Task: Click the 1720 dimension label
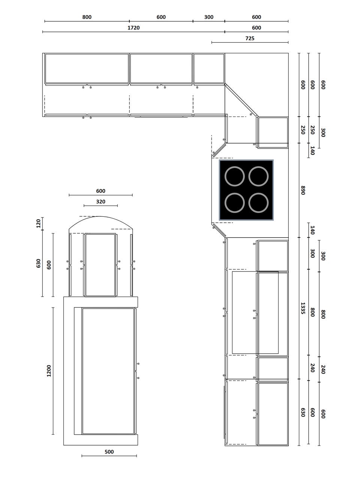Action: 133,28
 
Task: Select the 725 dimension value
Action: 250,38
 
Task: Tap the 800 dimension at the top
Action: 87,17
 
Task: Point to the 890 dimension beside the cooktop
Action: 303,190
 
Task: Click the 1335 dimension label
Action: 303,308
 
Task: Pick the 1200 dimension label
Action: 49,371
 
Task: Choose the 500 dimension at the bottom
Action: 109,451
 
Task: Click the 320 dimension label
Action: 100,201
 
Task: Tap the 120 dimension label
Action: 39,223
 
